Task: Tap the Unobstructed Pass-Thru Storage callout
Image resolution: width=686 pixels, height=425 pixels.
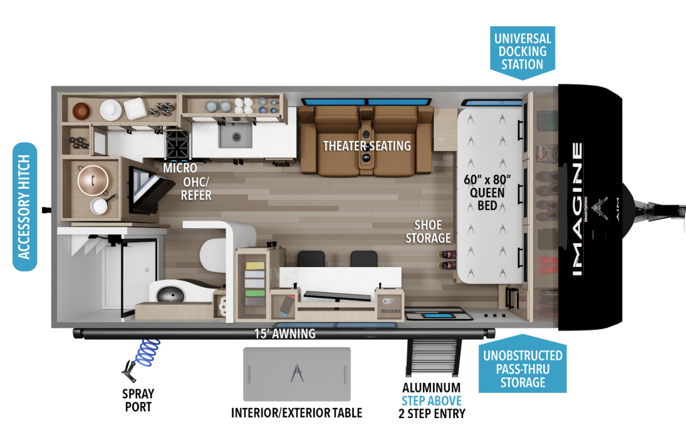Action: (522, 369)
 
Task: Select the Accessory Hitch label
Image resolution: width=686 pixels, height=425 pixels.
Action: (25, 207)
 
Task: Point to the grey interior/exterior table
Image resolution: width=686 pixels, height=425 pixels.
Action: (296, 374)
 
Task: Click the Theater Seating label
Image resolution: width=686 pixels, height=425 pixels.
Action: (366, 146)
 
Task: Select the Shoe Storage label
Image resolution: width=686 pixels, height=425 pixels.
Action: (428, 231)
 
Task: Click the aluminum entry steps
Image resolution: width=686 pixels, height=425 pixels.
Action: (432, 357)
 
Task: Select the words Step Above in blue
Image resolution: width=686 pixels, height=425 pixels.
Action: (432, 401)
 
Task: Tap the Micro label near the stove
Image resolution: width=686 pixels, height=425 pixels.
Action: (180, 168)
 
